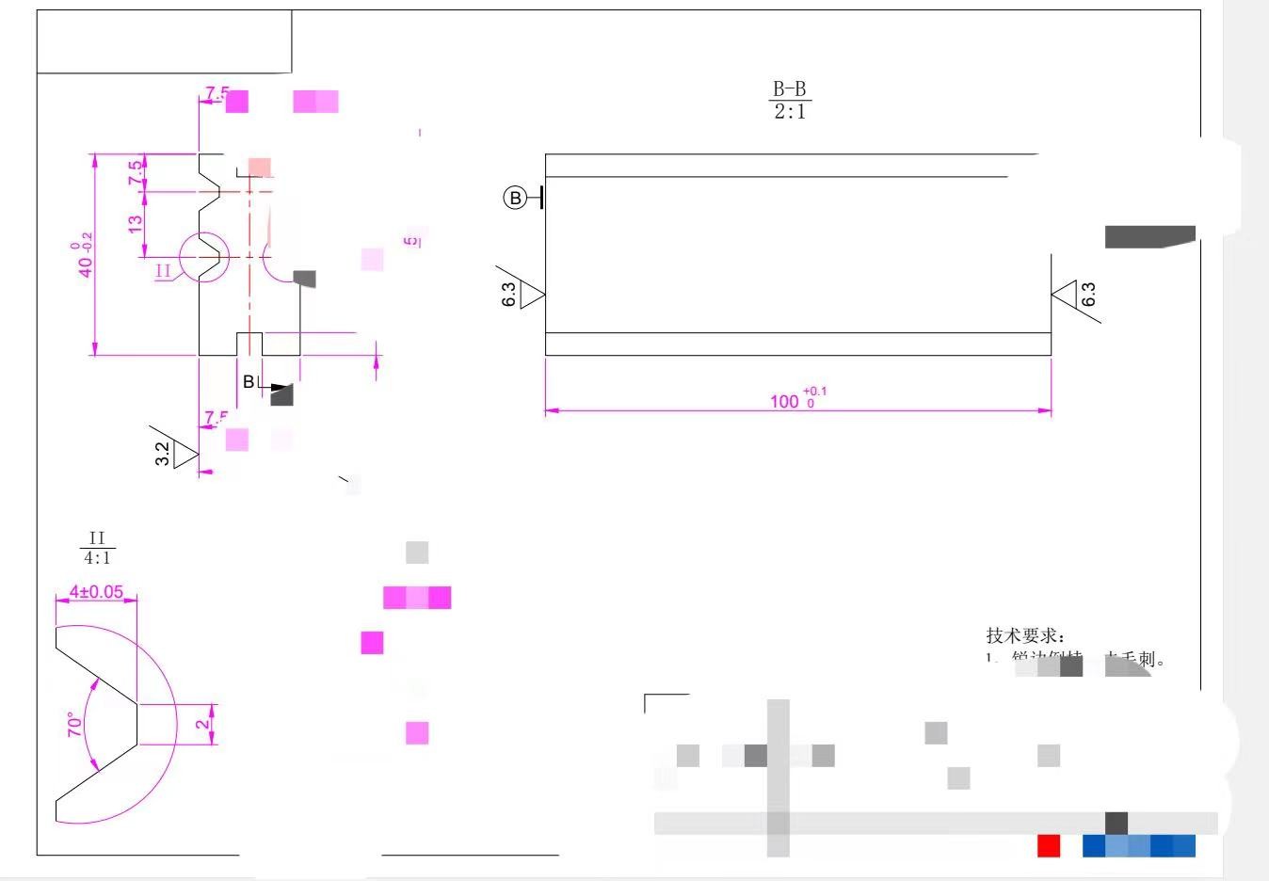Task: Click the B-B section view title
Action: pos(789,89)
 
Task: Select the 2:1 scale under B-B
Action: pos(789,112)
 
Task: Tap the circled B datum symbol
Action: pos(515,198)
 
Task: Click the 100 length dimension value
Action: pos(784,402)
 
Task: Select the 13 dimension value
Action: pos(136,224)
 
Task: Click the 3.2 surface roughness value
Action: pos(163,454)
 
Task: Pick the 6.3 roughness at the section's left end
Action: pos(509,295)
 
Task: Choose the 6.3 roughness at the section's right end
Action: pos(1088,295)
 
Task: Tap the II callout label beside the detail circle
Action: pos(164,271)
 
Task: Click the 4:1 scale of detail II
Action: pos(97,558)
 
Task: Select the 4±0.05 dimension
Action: pos(96,592)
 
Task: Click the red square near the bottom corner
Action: pos(1049,845)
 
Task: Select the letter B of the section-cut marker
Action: pos(249,381)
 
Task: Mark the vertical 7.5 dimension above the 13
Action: pos(136,172)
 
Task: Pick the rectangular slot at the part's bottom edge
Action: pos(249,344)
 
